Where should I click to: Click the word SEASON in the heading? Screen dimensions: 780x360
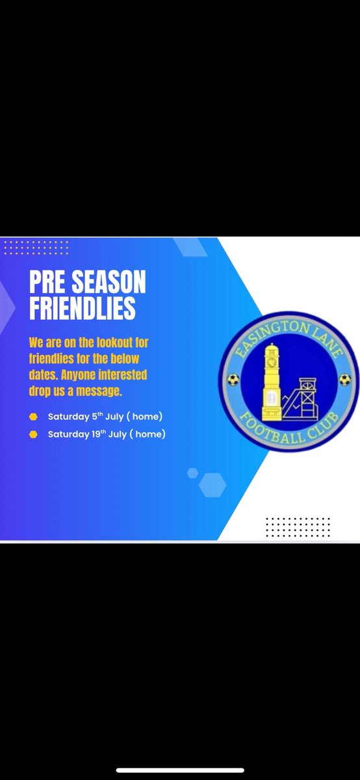click(x=104, y=283)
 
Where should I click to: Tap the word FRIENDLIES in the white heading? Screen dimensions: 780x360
click(x=83, y=309)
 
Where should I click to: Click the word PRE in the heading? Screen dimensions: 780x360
click(x=45, y=283)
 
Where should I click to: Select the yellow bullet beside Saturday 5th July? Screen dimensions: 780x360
click(x=33, y=417)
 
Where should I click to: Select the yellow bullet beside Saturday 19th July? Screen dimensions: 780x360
click(x=33, y=434)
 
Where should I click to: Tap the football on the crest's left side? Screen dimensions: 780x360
click(x=233, y=380)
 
